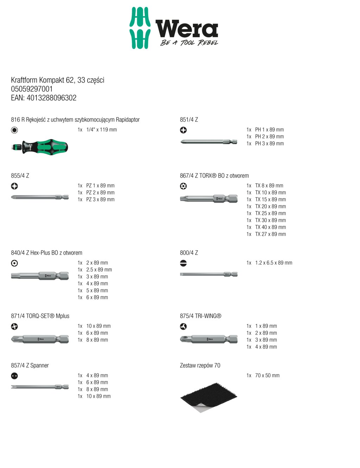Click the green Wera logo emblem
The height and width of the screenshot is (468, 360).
(140, 28)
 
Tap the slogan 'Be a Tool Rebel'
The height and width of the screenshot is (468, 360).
(189, 43)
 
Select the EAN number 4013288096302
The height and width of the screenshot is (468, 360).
(51, 98)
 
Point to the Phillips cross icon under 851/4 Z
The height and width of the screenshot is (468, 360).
(183, 130)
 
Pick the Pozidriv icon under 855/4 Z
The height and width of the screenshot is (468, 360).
(14, 186)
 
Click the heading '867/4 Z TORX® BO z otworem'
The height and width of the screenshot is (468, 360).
(214, 176)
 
